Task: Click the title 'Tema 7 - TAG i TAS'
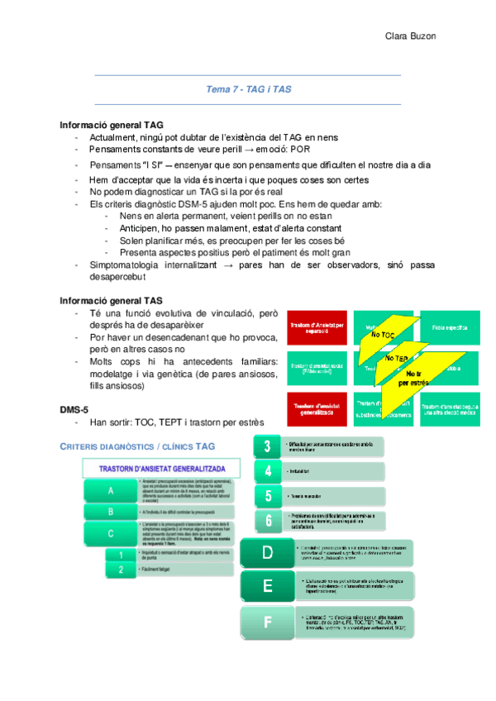[248, 88]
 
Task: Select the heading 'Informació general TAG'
[105, 125]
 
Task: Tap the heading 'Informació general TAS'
[105, 300]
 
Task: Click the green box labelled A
[111, 490]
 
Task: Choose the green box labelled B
[111, 512]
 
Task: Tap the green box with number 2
[121, 570]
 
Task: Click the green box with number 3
[268, 447]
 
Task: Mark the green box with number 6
[268, 520]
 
